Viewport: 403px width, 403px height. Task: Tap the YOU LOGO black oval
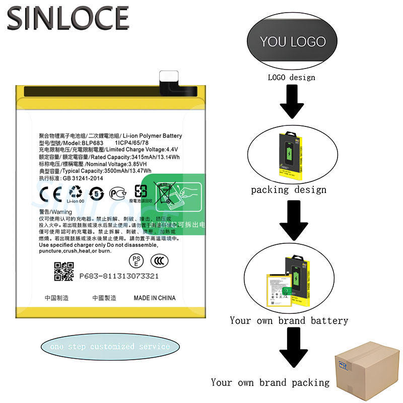click(292, 41)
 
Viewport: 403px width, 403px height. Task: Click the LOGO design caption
click(291, 77)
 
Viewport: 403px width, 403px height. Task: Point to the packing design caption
click(289, 190)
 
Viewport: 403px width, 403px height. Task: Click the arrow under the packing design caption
click(292, 220)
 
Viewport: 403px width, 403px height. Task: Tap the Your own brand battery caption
click(289, 320)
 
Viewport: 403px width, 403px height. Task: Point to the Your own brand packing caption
click(270, 382)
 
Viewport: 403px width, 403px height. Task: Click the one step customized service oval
click(110, 347)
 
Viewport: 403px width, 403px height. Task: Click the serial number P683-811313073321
click(119, 276)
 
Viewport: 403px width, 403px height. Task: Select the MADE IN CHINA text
click(155, 298)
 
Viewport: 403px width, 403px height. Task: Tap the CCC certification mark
click(161, 260)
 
